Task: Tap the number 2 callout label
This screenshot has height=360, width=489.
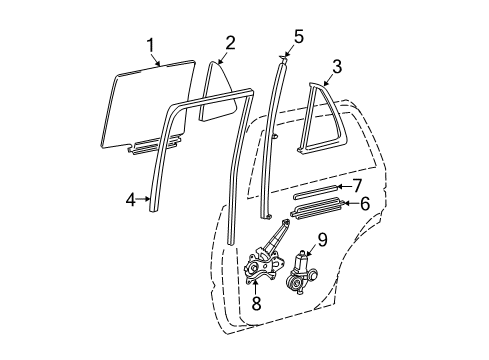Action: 230,42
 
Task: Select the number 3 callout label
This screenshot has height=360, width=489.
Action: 337,68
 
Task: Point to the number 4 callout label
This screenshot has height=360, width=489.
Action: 131,200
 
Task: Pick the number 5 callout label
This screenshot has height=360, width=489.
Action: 298,38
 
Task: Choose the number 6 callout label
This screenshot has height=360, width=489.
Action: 364,203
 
